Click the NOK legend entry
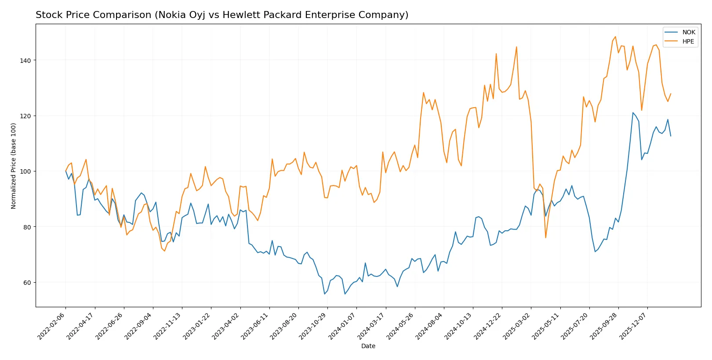[x=688, y=32]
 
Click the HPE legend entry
[x=688, y=41]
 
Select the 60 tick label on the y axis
[x=27, y=283]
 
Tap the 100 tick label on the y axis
[x=25, y=171]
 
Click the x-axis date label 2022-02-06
[x=52, y=326]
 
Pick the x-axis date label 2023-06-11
[x=255, y=326]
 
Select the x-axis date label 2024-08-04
[x=430, y=326]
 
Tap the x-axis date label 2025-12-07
[x=633, y=326]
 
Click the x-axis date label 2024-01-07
[x=342, y=326]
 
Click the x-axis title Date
[x=368, y=346]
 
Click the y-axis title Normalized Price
[x=14, y=166]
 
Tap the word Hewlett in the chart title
[x=239, y=15]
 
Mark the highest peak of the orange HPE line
[x=615, y=37]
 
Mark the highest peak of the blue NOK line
[x=633, y=113]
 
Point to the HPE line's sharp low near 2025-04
[x=545, y=238]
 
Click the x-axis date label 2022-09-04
[x=139, y=326]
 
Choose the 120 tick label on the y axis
[x=25, y=116]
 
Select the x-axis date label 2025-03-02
[x=517, y=326]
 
